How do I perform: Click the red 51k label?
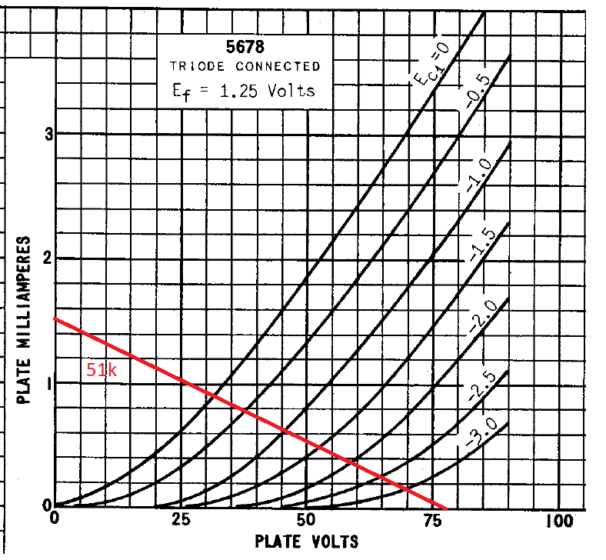click(102, 370)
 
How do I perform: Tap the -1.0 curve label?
click(476, 176)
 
